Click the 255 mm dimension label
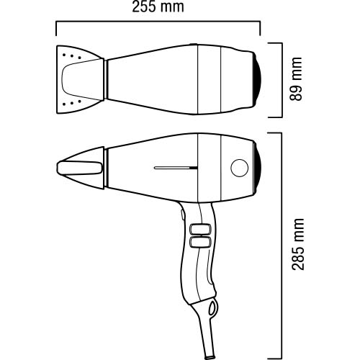tap(158, 6)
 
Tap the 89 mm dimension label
tap(296, 79)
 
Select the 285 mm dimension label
tap(298, 244)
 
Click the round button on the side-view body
tap(239, 168)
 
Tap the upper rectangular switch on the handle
tap(200, 229)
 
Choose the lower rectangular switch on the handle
tap(200, 242)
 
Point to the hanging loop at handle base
tap(212, 307)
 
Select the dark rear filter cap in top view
tap(257, 79)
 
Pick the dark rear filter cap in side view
tap(257, 168)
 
